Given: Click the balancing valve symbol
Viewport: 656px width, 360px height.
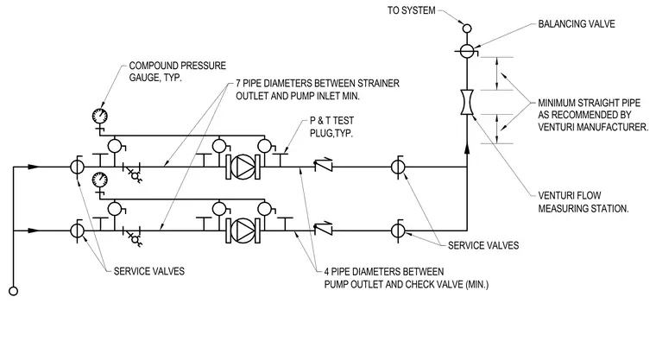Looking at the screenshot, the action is (x=467, y=51).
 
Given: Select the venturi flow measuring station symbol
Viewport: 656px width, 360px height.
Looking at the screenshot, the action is (x=467, y=102).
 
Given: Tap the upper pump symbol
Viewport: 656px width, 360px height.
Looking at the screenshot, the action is (x=243, y=167).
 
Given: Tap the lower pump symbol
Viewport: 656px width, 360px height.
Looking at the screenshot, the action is (x=243, y=231).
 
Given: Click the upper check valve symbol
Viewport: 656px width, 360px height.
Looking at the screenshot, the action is (x=324, y=165).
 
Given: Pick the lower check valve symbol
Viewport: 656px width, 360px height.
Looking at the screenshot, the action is (x=324, y=229).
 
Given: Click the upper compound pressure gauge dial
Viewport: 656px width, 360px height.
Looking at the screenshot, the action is (x=99, y=116).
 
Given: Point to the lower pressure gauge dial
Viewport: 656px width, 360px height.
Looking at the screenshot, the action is (x=99, y=180).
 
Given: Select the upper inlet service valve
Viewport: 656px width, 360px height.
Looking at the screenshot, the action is (x=77, y=167).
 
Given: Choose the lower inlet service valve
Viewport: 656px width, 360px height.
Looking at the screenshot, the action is (x=77, y=231).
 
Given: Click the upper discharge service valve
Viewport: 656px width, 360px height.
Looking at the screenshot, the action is (x=398, y=167).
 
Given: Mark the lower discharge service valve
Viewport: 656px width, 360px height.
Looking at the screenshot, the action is (x=398, y=231).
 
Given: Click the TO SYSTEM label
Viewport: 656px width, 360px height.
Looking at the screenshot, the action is (x=411, y=10).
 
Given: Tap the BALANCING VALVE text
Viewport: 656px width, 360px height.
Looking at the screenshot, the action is (x=577, y=24).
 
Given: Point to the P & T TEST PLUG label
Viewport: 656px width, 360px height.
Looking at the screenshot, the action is (x=331, y=127).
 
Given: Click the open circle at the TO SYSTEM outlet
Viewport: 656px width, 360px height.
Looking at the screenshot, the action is (x=467, y=28).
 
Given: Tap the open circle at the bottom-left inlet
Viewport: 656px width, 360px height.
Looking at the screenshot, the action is (x=14, y=291).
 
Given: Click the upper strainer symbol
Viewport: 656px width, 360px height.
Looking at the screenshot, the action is (x=135, y=174).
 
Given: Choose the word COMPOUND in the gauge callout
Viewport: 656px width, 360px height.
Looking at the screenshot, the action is (x=153, y=66).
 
